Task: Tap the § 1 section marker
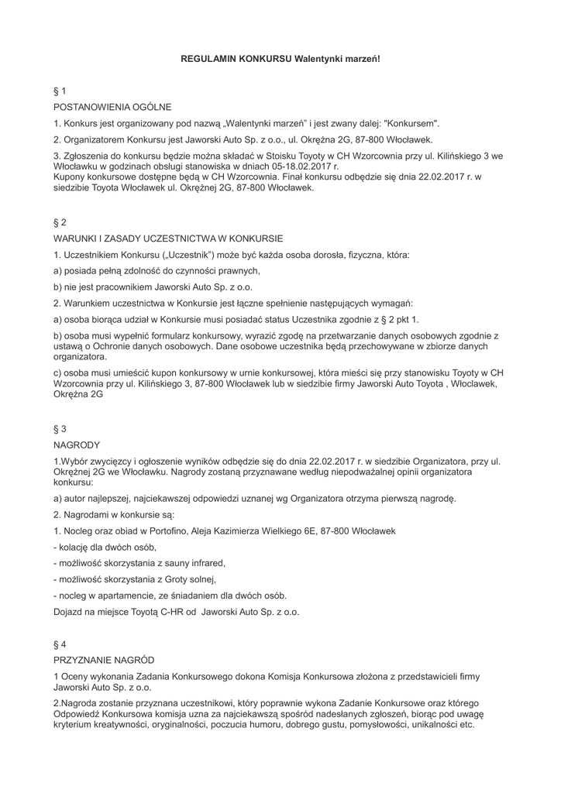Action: coord(60,91)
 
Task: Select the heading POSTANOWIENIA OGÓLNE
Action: coord(112,106)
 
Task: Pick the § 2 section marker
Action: coord(60,221)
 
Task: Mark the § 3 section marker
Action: coord(60,428)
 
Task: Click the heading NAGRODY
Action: coord(77,445)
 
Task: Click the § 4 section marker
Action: coord(60,644)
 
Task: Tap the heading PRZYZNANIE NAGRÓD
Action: coord(104,660)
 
